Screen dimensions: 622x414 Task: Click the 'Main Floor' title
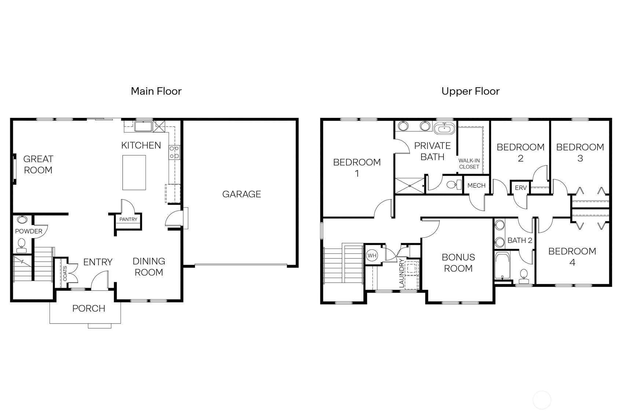(156, 91)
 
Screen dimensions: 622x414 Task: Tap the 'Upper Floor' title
(470, 91)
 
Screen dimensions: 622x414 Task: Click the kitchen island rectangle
(134, 172)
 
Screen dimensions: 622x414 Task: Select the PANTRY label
(128, 219)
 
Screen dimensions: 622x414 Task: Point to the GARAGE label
(242, 194)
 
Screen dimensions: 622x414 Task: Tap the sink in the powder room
(22, 220)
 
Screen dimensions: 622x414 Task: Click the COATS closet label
(65, 273)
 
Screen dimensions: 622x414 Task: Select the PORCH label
(89, 308)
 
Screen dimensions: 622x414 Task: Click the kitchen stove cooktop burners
(174, 153)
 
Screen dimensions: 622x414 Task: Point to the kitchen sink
(143, 126)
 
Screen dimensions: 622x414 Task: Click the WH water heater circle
(372, 256)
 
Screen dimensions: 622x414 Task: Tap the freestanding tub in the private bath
(445, 128)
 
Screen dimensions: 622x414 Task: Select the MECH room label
(476, 186)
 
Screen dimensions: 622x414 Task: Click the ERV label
(520, 188)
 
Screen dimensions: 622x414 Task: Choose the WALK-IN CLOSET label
(469, 164)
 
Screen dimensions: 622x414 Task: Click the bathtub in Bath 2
(502, 265)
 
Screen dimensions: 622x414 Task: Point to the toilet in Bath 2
(524, 276)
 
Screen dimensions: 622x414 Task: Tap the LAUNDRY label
(401, 273)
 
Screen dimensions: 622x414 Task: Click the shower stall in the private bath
(410, 186)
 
